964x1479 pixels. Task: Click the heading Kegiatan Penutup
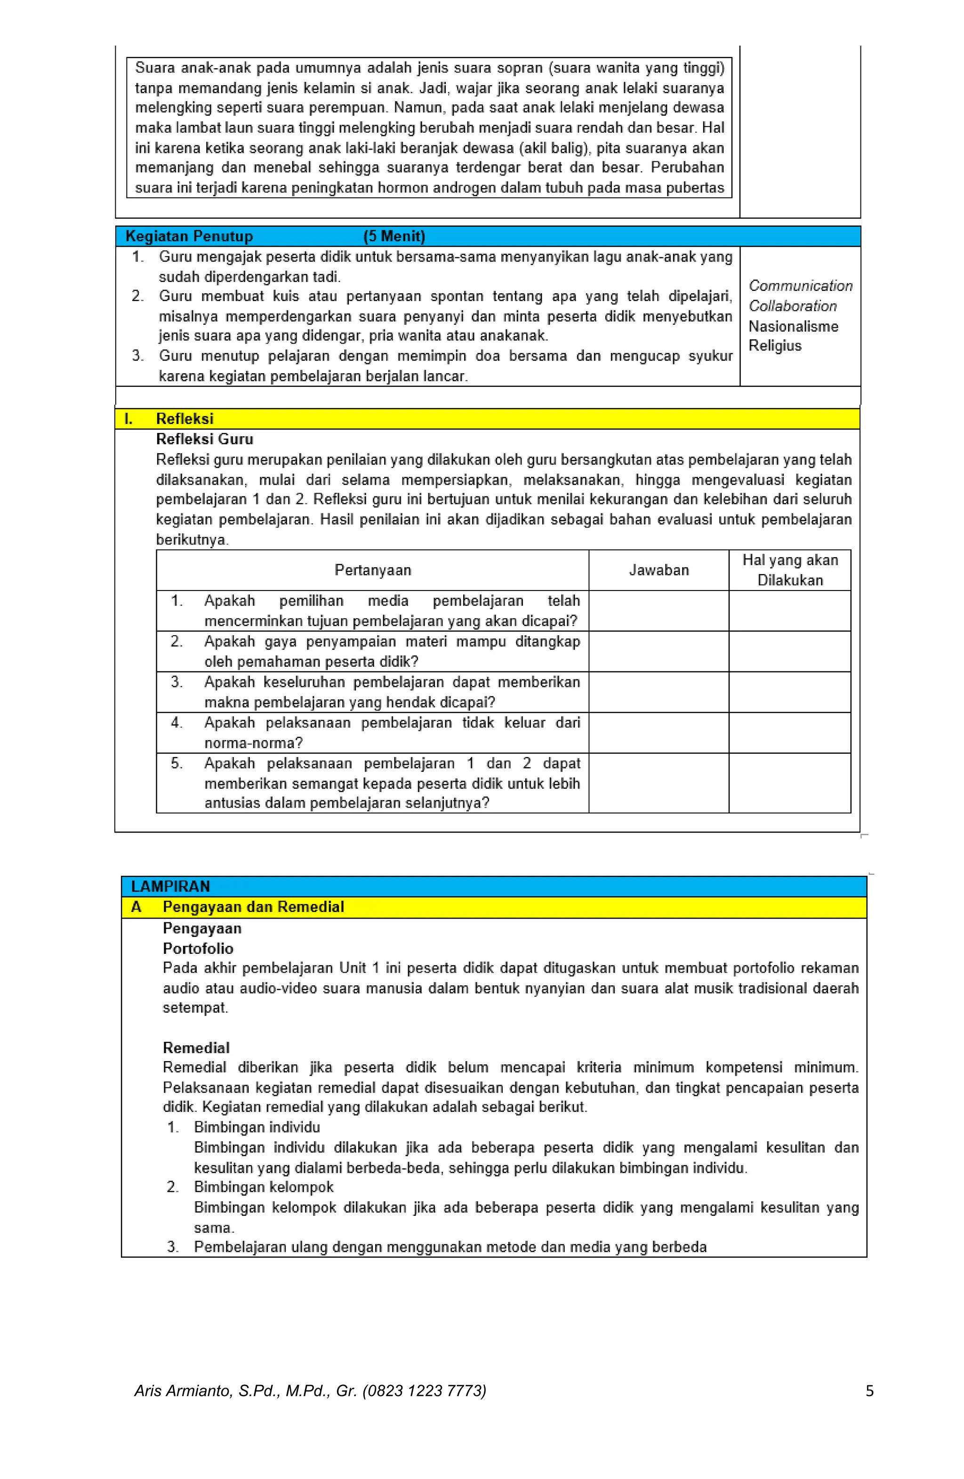189,236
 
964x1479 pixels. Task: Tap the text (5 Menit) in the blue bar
394,236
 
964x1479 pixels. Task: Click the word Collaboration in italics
793,306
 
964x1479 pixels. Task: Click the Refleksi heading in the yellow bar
185,418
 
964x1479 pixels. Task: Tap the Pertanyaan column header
372,570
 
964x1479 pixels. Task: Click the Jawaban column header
659,570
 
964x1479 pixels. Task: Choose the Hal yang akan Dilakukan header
789,570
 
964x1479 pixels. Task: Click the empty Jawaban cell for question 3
658,692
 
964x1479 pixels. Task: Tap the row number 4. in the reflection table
177,722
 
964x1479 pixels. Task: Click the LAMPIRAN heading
170,886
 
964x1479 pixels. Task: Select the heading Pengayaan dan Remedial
253,907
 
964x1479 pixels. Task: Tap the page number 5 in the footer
869,1391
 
